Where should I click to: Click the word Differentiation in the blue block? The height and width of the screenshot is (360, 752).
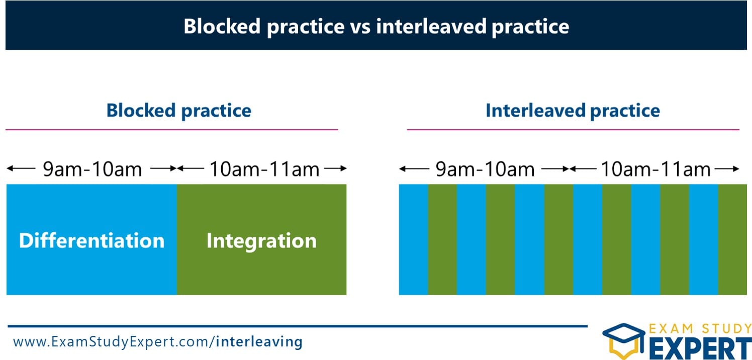click(91, 241)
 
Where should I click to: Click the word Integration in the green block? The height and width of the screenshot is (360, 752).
click(261, 241)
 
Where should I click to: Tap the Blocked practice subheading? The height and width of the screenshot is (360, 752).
click(178, 111)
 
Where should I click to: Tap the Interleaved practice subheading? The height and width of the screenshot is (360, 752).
click(573, 111)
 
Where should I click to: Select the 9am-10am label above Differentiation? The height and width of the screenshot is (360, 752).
click(92, 169)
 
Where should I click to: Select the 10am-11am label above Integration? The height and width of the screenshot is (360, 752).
click(264, 169)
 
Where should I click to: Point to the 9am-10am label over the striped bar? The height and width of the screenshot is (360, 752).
click(485, 169)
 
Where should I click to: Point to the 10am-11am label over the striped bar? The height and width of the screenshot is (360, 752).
click(655, 169)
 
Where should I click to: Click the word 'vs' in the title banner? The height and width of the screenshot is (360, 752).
click(360, 26)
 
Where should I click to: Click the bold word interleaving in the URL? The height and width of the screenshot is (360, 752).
click(259, 342)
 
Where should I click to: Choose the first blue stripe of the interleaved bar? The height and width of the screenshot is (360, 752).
click(413, 239)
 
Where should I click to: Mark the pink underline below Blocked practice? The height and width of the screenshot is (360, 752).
click(171, 130)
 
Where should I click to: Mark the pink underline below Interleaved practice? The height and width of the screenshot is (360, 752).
click(573, 130)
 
